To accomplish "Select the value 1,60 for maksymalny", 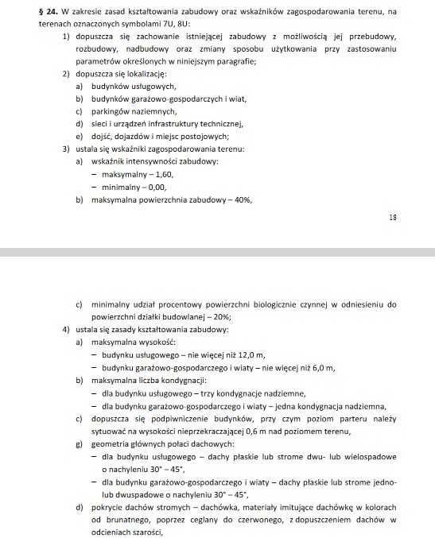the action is tap(161, 173).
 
